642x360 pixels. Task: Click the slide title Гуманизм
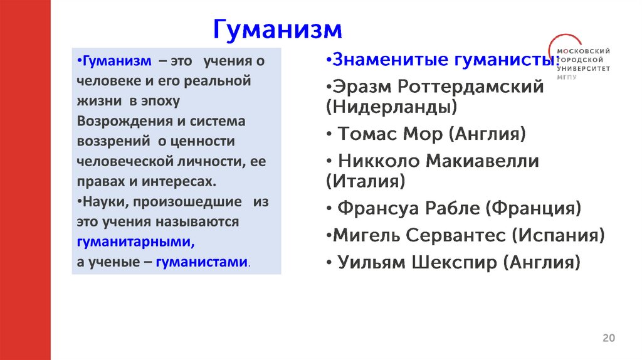[x=278, y=29]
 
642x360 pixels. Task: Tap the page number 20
[x=608, y=338]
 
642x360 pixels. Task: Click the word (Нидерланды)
[x=392, y=107]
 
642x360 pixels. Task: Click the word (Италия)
[x=366, y=181]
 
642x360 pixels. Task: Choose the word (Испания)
[x=558, y=235]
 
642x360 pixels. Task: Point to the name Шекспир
[x=454, y=262]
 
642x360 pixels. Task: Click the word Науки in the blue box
[x=99, y=202]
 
